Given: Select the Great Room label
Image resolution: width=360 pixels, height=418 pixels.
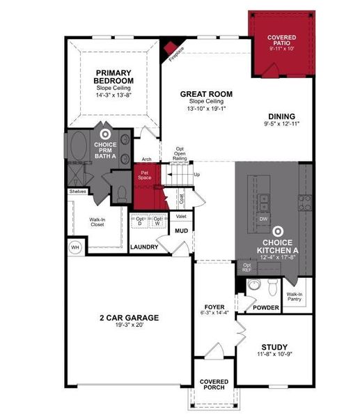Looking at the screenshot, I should point(206,94).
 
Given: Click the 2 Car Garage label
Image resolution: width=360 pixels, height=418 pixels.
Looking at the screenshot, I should point(128,318).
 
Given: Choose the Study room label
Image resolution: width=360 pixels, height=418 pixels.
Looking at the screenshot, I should point(274,348).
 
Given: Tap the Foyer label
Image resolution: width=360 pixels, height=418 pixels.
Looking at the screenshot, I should point(213,307).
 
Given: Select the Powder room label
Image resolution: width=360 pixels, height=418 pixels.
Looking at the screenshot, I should point(265,308).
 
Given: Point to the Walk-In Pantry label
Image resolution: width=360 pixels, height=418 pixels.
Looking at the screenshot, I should point(295,297).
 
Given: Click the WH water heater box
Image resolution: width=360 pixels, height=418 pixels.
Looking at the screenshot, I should point(75,247).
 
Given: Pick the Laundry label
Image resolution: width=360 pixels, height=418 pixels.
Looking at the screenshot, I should point(144,247).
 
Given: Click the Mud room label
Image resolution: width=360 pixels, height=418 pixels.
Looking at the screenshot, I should point(181,231).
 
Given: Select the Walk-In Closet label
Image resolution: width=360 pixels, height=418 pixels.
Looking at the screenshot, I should point(97,222).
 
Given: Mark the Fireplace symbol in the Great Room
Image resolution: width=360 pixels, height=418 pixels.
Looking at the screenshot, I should point(171,48).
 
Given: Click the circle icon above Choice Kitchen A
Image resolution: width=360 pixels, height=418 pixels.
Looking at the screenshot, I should point(277,229).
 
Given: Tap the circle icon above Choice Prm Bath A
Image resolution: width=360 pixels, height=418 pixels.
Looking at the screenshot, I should point(105,134).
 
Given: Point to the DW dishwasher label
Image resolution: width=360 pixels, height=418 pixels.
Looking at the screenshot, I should point(264,219).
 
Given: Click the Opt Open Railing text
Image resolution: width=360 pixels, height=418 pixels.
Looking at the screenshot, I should point(180,154).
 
